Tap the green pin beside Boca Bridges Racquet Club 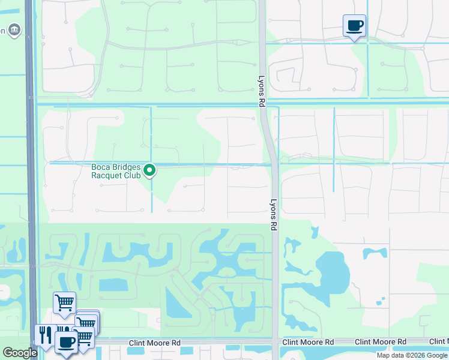coord(150,171)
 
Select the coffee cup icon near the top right coord(354,26)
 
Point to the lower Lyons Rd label coord(273,215)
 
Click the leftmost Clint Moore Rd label coord(154,343)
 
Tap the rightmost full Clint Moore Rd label coord(380,342)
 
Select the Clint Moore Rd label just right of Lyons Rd coord(308,342)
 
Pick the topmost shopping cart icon coord(64,302)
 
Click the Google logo coord(19,353)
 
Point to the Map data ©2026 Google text coord(412,355)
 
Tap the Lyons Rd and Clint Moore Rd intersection coord(275,342)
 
